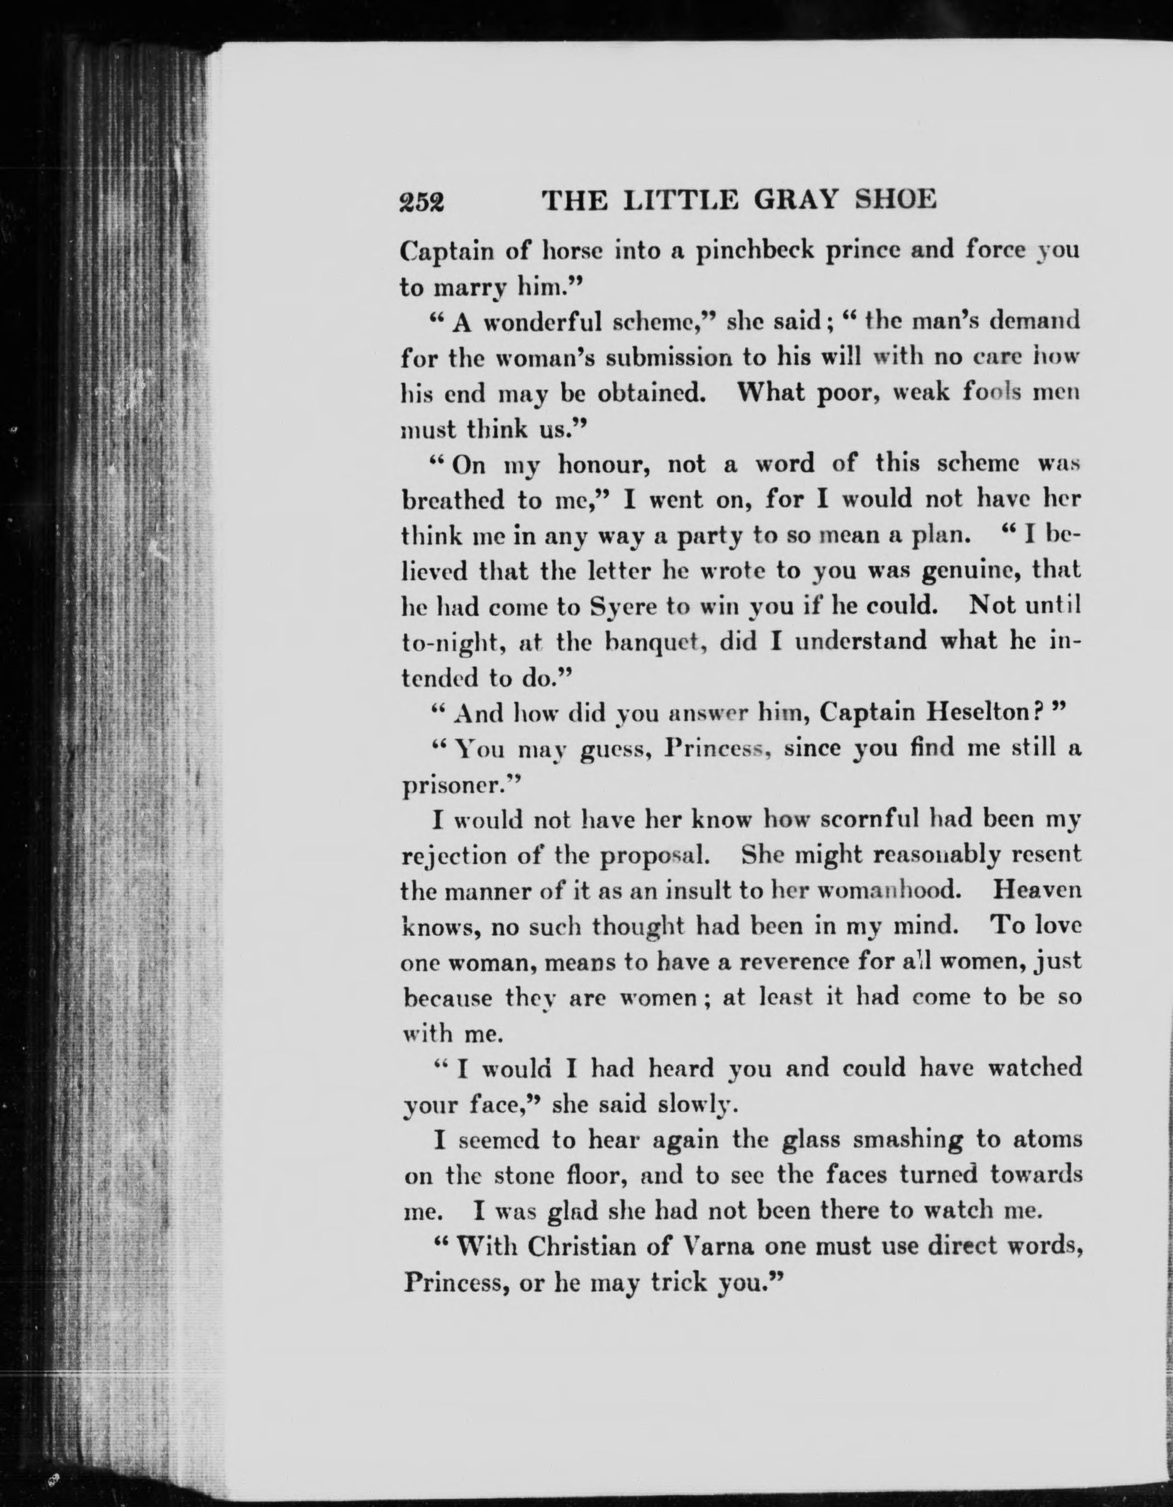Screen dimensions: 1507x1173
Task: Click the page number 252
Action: click(x=422, y=202)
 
